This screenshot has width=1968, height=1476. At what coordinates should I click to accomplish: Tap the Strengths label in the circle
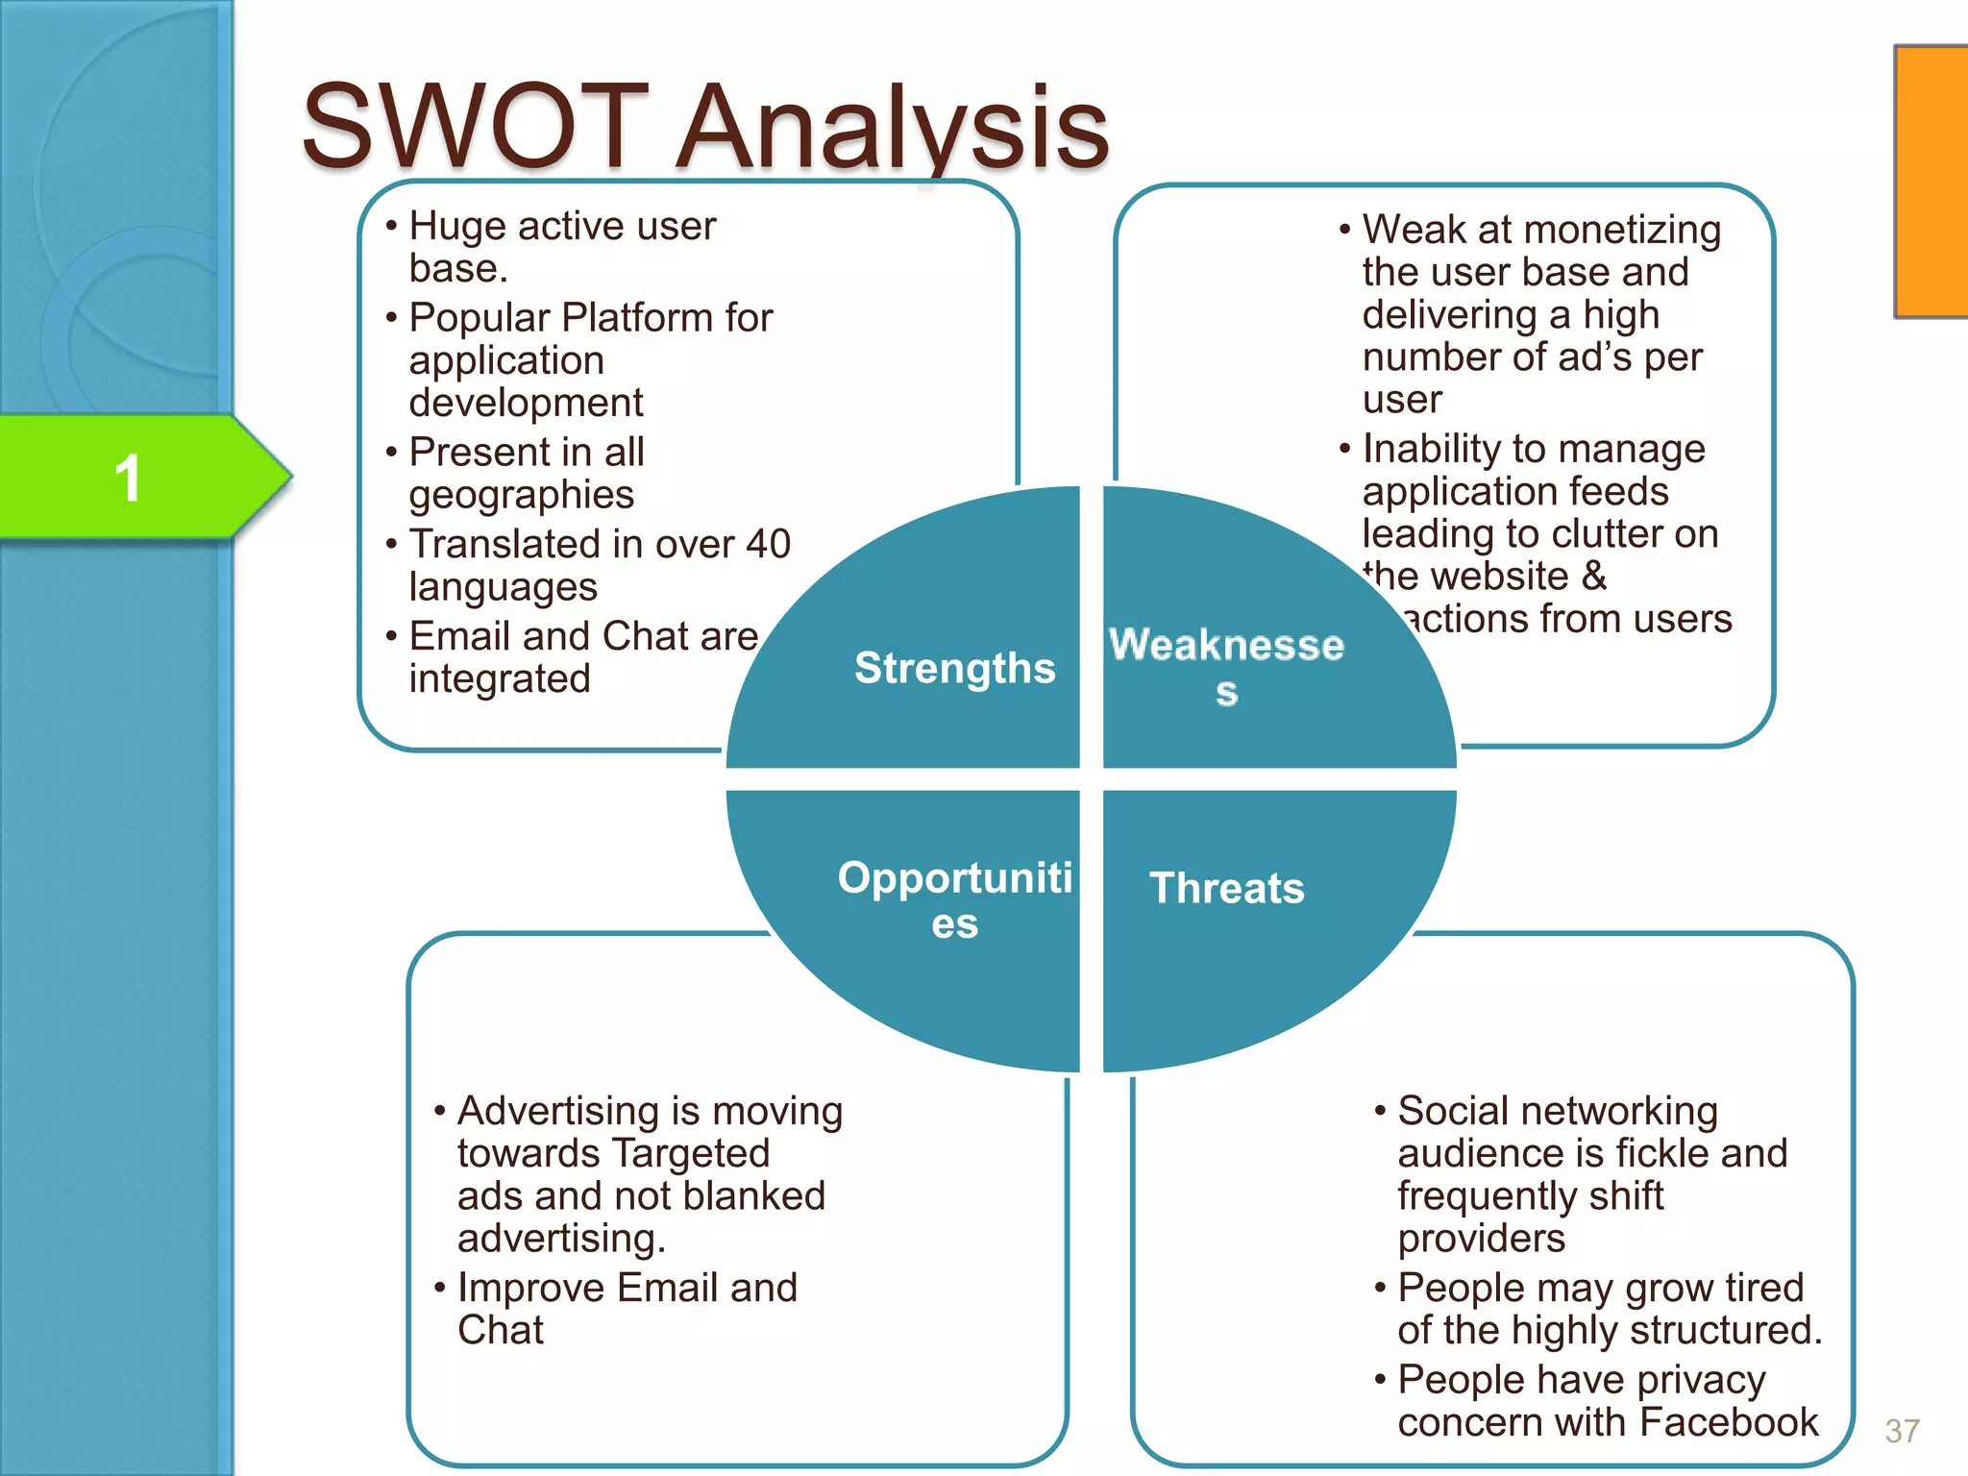pos(954,667)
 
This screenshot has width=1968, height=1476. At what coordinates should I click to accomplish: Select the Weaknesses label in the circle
pos(1226,663)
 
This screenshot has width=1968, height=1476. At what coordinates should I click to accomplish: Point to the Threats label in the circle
pos(1227,888)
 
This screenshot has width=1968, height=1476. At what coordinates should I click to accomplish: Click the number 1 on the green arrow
pos(128,478)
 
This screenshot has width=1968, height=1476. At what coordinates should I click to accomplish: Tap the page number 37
pos(1902,1431)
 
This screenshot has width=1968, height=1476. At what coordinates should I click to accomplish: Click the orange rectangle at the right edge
pos(1931,181)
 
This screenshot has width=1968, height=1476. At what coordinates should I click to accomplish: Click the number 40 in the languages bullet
pos(768,545)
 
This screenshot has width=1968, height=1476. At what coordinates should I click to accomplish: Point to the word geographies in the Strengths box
pos(521,496)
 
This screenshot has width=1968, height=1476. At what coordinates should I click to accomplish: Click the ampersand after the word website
pos(1593,577)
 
